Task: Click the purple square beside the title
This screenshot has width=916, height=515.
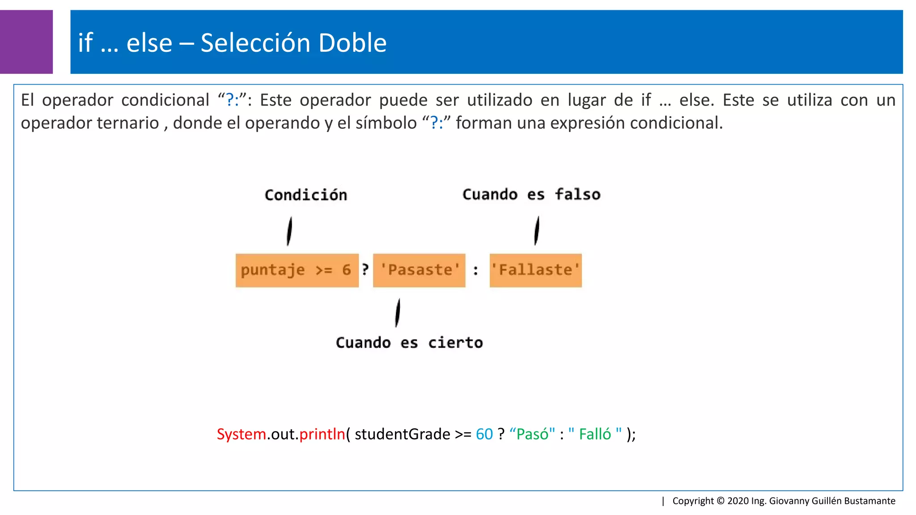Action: tap(26, 42)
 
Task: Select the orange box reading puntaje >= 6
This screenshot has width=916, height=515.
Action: tap(297, 270)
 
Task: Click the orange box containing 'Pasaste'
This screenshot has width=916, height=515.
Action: tap(419, 270)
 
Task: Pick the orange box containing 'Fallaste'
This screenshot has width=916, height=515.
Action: tap(535, 270)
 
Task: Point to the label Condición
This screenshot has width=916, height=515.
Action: tap(306, 195)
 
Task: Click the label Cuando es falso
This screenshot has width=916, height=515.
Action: tap(531, 194)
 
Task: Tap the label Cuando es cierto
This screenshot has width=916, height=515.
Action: tap(409, 343)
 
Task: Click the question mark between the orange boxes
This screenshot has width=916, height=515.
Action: tap(365, 270)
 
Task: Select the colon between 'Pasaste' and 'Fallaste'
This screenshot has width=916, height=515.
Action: tap(476, 270)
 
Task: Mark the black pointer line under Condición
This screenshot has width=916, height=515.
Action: tap(289, 231)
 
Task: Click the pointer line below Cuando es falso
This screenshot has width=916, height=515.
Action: tap(537, 230)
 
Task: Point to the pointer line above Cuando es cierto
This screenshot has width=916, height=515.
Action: tap(397, 313)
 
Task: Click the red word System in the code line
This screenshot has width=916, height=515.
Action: tap(242, 434)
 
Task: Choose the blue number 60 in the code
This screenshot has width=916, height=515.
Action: tap(484, 434)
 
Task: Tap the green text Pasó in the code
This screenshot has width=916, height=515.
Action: tap(532, 434)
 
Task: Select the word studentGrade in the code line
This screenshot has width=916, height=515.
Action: tap(403, 434)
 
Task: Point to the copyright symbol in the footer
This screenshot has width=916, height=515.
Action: tap(721, 501)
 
